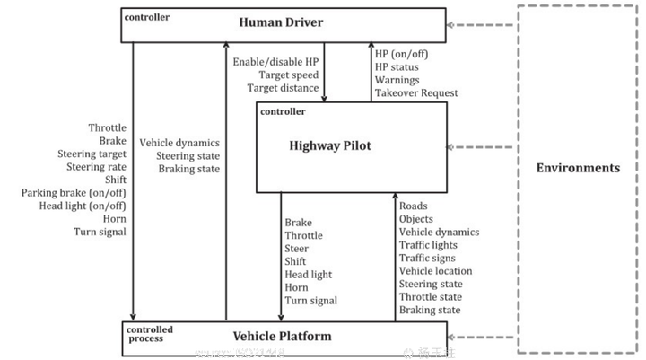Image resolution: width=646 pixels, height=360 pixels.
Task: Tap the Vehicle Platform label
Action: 282,337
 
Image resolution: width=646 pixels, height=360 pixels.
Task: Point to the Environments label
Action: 578,168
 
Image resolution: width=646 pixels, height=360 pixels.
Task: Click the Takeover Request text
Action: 416,92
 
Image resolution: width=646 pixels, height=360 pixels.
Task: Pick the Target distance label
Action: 283,88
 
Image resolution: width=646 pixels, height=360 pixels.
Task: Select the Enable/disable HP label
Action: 275,61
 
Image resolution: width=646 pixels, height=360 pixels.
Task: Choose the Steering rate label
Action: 96,167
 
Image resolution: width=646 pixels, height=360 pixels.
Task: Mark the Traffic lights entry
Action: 428,245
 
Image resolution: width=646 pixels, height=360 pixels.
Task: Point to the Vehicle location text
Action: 435,271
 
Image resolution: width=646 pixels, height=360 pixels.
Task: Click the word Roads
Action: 413,206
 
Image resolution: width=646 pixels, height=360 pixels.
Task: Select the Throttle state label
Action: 431,297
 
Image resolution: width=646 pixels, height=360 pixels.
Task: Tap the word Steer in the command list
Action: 296,249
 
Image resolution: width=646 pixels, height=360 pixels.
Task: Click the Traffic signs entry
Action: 428,258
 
